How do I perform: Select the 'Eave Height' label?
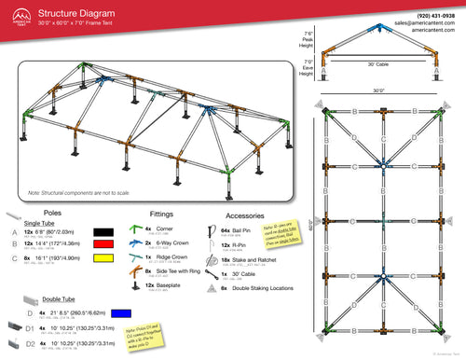[x=308, y=68]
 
